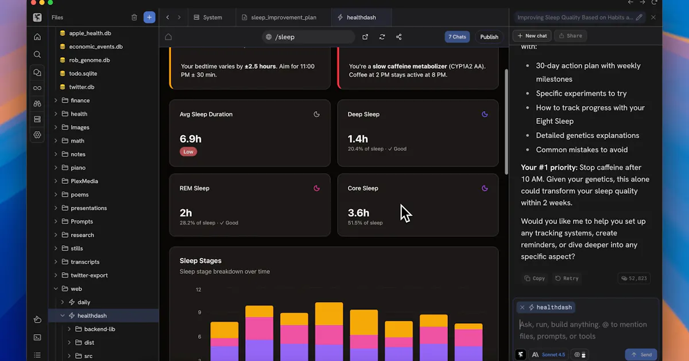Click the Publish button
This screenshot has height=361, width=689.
(489, 37)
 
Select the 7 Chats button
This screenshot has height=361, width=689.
(457, 37)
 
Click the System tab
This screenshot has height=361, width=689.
(208, 18)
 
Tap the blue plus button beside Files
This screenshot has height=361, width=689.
(149, 17)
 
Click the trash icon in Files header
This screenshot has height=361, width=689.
(134, 18)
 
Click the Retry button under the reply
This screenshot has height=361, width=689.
(567, 278)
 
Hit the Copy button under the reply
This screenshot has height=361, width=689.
(535, 278)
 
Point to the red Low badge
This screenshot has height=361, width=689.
(188, 152)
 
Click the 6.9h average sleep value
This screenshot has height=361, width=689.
(191, 139)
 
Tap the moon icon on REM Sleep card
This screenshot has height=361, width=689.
(316, 188)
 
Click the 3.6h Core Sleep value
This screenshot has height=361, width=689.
(358, 213)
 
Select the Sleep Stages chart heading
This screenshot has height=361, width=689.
(200, 261)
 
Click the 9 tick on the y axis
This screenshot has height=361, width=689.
(200, 312)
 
